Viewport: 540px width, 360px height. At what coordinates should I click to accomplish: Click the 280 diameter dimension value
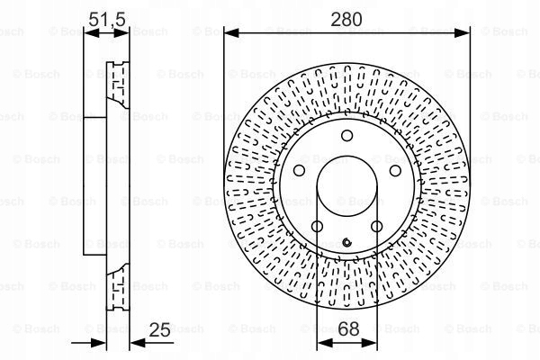click(346, 19)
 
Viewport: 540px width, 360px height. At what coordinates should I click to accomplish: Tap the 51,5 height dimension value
click(107, 19)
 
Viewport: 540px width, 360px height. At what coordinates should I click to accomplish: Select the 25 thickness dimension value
click(160, 329)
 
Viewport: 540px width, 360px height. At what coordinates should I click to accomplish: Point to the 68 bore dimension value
click(348, 328)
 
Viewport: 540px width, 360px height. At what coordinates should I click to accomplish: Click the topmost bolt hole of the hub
click(346, 135)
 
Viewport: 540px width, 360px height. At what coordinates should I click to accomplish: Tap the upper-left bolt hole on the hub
click(299, 170)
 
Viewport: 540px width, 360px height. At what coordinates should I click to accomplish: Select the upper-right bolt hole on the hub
click(395, 170)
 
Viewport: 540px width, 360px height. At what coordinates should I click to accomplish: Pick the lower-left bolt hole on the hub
click(317, 226)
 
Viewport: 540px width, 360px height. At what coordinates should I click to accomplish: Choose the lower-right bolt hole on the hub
click(376, 226)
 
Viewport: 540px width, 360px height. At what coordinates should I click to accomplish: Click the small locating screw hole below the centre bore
click(346, 242)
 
